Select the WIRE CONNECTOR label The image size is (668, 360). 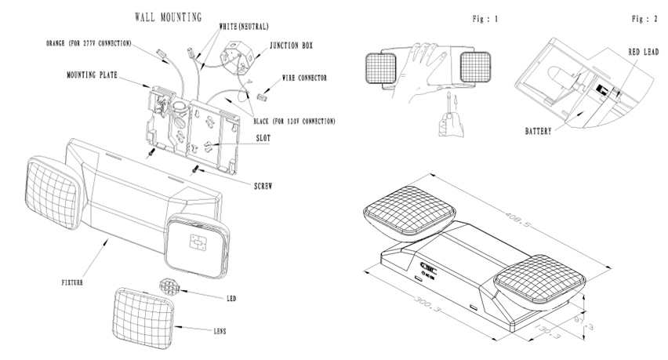pos(304,78)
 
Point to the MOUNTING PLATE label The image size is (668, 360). pos(98,77)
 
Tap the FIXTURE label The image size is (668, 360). pos(73,279)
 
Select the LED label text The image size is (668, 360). pos(231,299)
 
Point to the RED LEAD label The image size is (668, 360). pos(643,52)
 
